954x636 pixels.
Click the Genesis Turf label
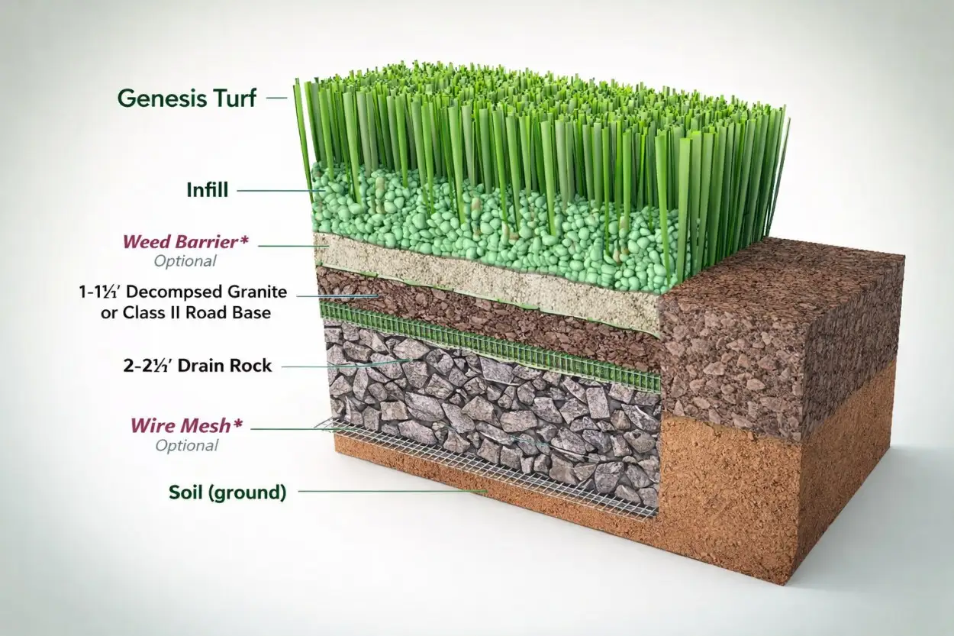tap(187, 98)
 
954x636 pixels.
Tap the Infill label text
tap(207, 190)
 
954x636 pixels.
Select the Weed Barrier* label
tap(185, 243)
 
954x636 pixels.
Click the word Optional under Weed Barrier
tap(185, 261)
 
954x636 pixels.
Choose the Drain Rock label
tap(197, 366)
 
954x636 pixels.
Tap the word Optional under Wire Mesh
tap(186, 446)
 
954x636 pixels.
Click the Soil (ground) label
tap(227, 492)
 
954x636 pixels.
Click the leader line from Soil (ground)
tap(389, 492)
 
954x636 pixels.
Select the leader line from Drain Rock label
tap(343, 366)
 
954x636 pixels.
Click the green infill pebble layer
tap(458, 229)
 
